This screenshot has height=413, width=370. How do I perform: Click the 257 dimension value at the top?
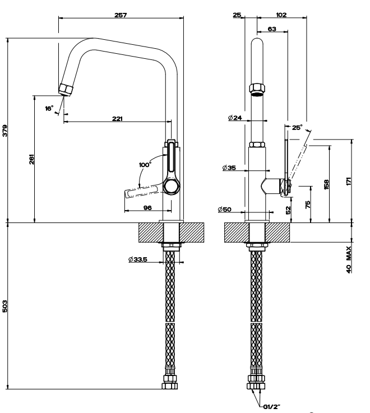pos(121,15)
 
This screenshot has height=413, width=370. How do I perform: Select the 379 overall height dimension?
pos(5,131)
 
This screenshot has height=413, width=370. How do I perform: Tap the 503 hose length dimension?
pos(5,306)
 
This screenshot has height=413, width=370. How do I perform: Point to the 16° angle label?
pos(49,108)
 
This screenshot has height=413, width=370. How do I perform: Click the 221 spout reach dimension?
pos(117,119)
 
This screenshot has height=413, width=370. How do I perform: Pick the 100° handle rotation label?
pos(145,165)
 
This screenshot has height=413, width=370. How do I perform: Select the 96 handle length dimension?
pos(147,207)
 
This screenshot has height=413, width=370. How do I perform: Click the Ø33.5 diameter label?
pos(137,259)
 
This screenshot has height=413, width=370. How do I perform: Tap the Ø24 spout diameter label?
pos(235,118)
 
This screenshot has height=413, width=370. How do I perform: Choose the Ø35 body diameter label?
pos(229,168)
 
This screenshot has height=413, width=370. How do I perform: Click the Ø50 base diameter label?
pos(225,210)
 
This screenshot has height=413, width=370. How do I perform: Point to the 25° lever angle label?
pos(297,127)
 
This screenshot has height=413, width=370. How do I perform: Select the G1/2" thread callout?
pos(271,407)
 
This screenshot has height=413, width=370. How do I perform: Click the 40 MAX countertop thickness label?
pos(349,259)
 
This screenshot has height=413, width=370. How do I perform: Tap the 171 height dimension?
pos(349,181)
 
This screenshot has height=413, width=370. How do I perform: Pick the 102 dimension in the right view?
pos(281,15)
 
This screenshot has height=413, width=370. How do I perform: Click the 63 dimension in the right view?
pos(272,29)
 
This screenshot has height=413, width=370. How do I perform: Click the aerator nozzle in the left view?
pos(66,89)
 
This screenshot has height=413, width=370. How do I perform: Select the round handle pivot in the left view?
pos(172,186)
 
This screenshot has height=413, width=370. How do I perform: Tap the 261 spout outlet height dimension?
pos(31,159)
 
